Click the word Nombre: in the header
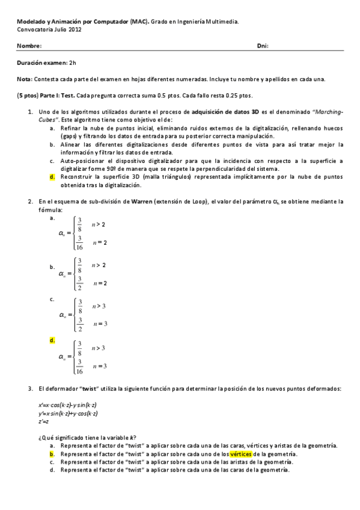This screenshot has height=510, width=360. [29, 46]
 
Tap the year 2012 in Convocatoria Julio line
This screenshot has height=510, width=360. [76, 28]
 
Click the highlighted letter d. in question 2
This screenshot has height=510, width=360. [52, 340]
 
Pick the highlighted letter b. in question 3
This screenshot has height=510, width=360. [52, 454]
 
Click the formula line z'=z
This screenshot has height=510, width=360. [43, 421]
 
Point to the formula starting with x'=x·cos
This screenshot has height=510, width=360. [68, 406]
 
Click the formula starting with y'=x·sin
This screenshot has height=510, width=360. [68, 414]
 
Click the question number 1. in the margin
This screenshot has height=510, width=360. [31, 112]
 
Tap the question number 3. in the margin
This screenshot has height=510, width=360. [31, 389]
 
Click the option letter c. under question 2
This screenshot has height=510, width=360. [52, 299]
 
